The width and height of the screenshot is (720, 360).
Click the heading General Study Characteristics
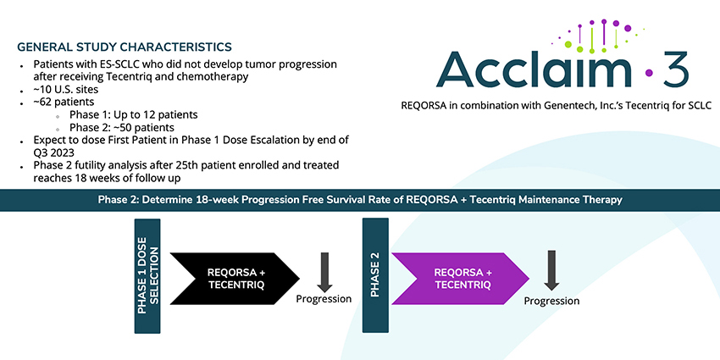[124, 46]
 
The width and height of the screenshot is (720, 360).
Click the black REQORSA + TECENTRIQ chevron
[233, 278]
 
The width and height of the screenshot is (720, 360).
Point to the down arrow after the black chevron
[324, 271]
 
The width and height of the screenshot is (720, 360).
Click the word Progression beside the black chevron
[324, 299]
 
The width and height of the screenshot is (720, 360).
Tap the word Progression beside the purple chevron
[552, 301]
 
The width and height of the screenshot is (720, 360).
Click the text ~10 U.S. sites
[66, 90]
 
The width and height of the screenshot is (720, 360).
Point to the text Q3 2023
[57, 153]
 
